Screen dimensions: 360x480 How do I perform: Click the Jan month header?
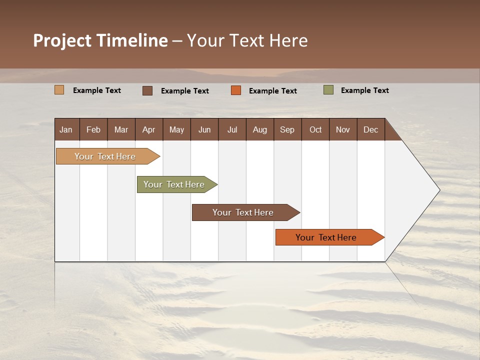(x=66, y=129)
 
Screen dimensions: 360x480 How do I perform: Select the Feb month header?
(x=93, y=129)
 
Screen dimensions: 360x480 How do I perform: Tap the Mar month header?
(x=121, y=129)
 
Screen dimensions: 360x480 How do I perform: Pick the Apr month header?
(x=149, y=129)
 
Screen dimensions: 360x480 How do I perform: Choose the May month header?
(x=176, y=129)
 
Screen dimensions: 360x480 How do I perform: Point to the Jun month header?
(x=204, y=129)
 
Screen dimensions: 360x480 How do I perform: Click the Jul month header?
(x=232, y=129)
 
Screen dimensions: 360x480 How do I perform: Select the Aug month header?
(x=260, y=129)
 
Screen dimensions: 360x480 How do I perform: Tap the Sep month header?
(x=287, y=129)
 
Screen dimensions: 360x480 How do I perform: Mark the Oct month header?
(x=315, y=129)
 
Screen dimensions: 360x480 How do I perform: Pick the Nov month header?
(x=343, y=129)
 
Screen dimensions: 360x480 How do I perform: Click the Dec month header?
(x=371, y=129)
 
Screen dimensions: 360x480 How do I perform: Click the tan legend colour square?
(x=59, y=90)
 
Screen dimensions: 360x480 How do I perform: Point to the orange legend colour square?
(x=236, y=90)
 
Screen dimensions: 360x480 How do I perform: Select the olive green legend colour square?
(x=328, y=90)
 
